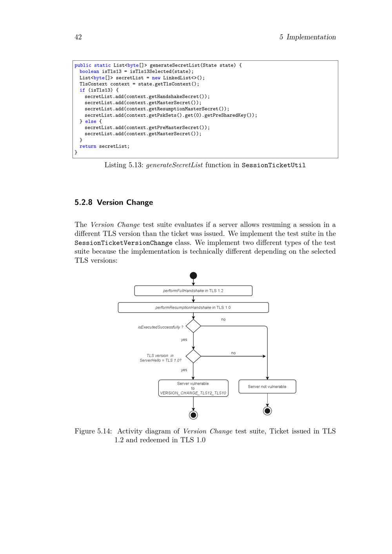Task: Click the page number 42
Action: pos(78,37)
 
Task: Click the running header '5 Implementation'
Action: pos(307,37)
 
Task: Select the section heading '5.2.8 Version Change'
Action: pos(114,203)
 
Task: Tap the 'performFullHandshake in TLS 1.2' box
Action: pos(193,291)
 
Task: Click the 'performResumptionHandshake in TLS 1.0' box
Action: pos(193,308)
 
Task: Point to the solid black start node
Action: pos(193,276)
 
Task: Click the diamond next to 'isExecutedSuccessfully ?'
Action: pos(193,326)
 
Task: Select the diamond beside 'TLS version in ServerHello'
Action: pos(193,356)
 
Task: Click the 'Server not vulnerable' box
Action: pos(267,387)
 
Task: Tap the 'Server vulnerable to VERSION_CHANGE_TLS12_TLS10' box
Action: pos(193,388)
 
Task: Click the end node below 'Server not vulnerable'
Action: pos(267,411)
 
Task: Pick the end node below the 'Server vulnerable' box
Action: pos(193,415)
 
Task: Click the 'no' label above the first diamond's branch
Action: pos(223,320)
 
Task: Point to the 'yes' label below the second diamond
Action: pos(184,370)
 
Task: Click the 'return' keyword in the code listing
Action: pos(88,147)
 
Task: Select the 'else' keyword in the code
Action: pos(91,121)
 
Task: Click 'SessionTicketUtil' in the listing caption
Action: pos(274,165)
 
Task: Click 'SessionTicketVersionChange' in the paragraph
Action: pos(123,243)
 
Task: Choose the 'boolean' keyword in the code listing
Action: pos(89,72)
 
